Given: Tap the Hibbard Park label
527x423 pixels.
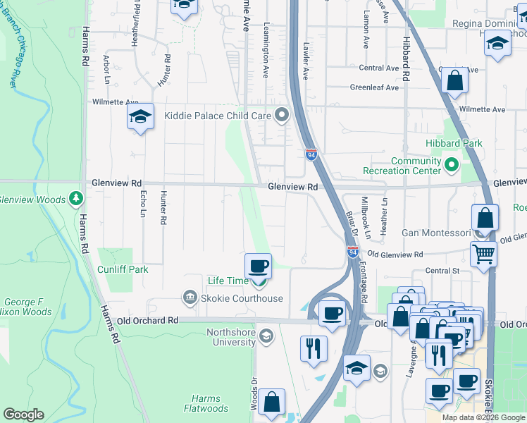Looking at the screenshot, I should [454, 143].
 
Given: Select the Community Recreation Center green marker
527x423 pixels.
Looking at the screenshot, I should [452, 166].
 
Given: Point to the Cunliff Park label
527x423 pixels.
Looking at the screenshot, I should [123, 269].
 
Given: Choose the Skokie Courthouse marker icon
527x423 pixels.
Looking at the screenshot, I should [189, 298].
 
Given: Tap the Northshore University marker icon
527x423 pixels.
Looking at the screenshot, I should [266, 335].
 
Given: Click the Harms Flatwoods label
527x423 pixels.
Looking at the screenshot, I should [206, 403].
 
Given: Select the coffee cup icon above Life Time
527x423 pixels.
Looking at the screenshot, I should [258, 267].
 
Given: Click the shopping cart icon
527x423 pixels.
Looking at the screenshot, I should [483, 253].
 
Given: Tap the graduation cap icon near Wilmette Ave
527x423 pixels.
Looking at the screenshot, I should [140, 116].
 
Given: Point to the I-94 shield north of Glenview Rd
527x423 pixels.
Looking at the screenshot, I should [311, 154].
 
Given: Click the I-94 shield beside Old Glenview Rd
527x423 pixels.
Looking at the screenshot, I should [353, 252].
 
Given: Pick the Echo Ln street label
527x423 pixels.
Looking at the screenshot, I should [143, 204].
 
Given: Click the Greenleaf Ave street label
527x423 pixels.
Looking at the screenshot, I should [375, 88].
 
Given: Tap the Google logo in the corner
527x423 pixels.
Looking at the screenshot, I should [23, 415].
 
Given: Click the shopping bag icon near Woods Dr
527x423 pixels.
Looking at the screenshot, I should [271, 403].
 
